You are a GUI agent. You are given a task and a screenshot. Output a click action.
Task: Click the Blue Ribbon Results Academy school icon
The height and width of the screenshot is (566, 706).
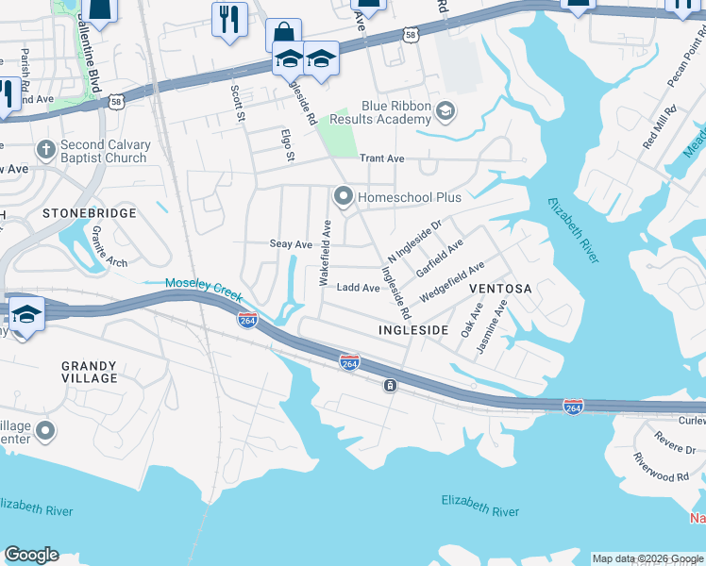pyautogui.click(x=445, y=114)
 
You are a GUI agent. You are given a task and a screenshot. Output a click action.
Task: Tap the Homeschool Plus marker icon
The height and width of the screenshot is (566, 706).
pyautogui.click(x=343, y=197)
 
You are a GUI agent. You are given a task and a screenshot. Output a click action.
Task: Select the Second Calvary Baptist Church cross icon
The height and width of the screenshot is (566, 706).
pyautogui.click(x=44, y=151)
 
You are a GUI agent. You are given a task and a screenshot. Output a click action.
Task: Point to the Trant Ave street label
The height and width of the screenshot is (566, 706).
pyautogui.click(x=381, y=159)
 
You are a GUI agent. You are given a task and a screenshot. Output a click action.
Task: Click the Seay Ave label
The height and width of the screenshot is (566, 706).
pyautogui.click(x=291, y=244)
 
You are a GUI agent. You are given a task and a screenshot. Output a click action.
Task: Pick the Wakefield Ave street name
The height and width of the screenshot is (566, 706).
pyautogui.click(x=325, y=254)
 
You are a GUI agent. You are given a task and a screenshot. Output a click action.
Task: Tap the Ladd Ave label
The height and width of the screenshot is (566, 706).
pyautogui.click(x=358, y=288)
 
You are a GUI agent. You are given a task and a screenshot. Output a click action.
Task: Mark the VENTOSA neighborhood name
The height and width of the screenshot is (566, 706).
pyautogui.click(x=500, y=288)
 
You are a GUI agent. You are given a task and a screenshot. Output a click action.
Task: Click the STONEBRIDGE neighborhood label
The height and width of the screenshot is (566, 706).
pyautogui.click(x=90, y=214)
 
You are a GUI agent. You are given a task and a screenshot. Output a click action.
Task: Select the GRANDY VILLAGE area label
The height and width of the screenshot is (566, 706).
pyautogui.click(x=90, y=372)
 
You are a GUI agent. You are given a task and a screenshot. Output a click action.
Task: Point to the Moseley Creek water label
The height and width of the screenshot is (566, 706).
pyautogui.click(x=205, y=284)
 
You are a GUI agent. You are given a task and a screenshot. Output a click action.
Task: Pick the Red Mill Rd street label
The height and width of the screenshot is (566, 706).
pyautogui.click(x=656, y=128)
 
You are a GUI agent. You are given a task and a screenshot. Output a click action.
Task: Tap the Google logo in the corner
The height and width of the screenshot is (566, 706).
pyautogui.click(x=31, y=555)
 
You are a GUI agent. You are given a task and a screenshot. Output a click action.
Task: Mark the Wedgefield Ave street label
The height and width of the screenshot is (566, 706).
pyautogui.click(x=452, y=282)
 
